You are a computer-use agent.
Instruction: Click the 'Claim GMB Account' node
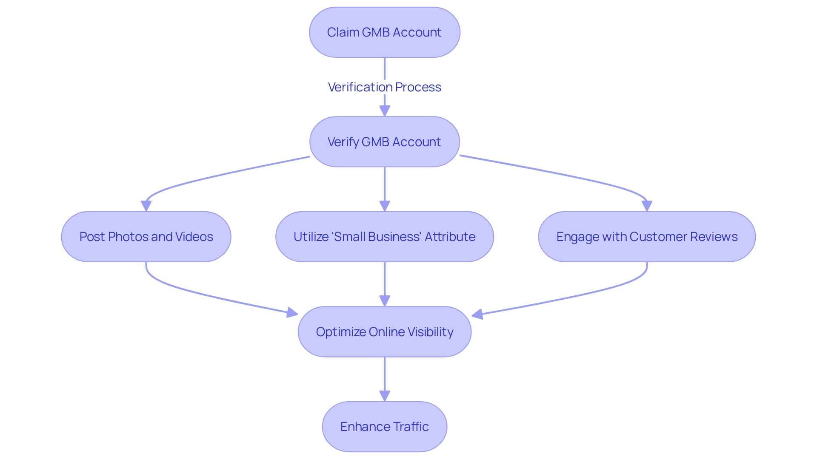[x=384, y=32]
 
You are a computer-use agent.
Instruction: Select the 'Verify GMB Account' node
[x=384, y=142]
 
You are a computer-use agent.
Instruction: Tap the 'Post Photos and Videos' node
[x=146, y=237]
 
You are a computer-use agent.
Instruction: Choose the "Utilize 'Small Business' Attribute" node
[x=384, y=237]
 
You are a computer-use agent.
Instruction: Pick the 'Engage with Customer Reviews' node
[x=646, y=237]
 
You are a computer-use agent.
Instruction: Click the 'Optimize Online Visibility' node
[x=384, y=332]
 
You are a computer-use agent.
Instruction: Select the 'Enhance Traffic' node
[x=384, y=427]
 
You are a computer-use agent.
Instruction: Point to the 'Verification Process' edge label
[x=384, y=87]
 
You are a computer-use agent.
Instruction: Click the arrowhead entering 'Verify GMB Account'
[x=385, y=111]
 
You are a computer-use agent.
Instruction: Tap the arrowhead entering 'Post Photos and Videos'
[x=146, y=206]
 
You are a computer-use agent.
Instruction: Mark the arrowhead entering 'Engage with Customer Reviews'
[x=647, y=206]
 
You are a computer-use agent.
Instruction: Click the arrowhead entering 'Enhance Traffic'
[x=385, y=396]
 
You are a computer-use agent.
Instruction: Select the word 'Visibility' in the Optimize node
[x=430, y=332]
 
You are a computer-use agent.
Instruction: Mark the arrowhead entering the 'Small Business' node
[x=385, y=206]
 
